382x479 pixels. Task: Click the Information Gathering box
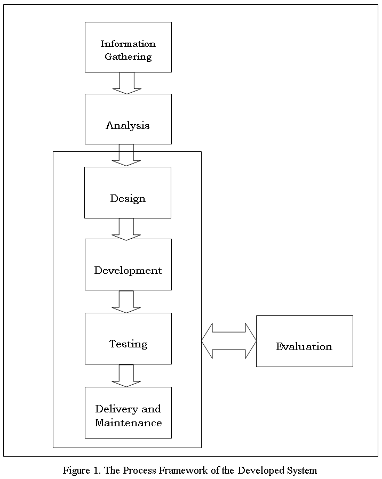[128, 47]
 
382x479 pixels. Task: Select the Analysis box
[128, 119]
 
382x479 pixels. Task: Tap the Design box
[128, 192]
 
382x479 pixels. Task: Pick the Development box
[128, 264]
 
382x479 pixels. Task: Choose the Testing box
[128, 338]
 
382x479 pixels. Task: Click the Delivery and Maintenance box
[128, 412]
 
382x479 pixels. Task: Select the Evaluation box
[304, 341]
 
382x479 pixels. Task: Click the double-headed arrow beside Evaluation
[229, 340]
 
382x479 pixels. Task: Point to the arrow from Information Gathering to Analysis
[127, 83]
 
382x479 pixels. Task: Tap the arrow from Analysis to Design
[126, 155]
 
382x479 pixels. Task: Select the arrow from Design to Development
[126, 229]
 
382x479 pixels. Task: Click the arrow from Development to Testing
[126, 302]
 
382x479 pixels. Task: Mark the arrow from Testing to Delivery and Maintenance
[126, 376]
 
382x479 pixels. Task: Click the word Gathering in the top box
[128, 56]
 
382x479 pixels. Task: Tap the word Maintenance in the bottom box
[128, 423]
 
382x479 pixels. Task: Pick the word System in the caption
[301, 470]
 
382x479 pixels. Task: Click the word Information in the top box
[128, 44]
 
